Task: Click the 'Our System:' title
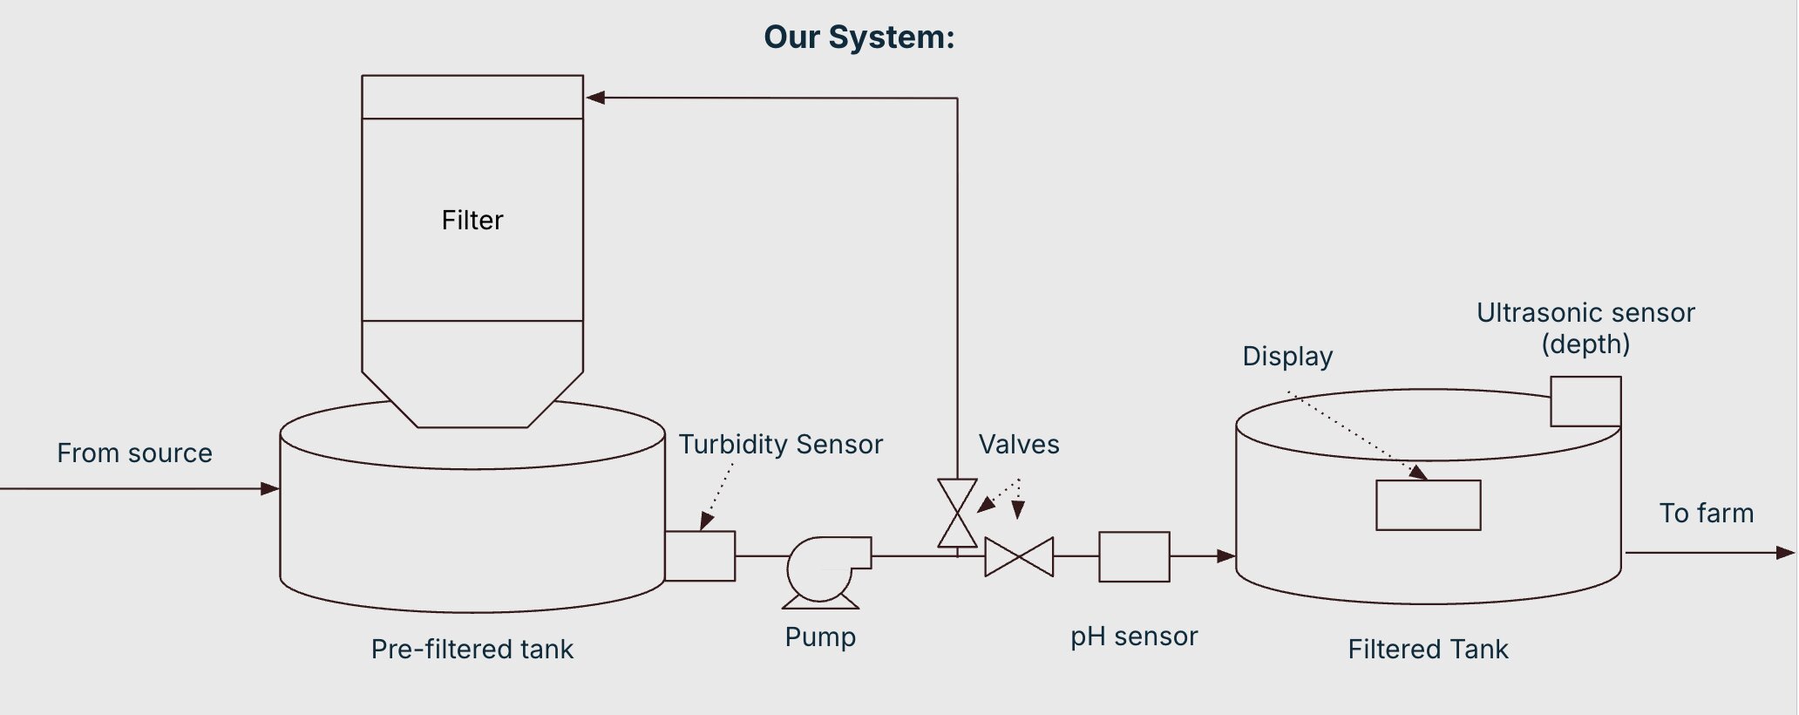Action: coord(859,37)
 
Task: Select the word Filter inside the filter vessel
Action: coord(472,220)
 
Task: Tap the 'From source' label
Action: coord(134,453)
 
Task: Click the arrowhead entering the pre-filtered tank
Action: coord(270,489)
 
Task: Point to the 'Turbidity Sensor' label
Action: coord(780,445)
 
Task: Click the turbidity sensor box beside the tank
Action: coord(700,556)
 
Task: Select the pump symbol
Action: coord(824,570)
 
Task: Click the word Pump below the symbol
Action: coord(819,637)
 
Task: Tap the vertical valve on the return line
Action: coord(957,514)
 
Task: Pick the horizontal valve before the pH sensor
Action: coord(1019,557)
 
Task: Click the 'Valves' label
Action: coord(1018,445)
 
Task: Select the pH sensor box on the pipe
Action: coord(1134,556)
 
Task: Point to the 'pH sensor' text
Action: coord(1133,637)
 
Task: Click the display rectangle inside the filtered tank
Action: coord(1428,505)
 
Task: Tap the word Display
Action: coord(1287,357)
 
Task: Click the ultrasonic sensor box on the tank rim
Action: coord(1585,401)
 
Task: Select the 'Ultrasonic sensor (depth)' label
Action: coord(1585,328)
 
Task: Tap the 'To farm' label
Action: coord(1706,514)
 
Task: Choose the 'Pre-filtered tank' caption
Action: coord(472,650)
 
